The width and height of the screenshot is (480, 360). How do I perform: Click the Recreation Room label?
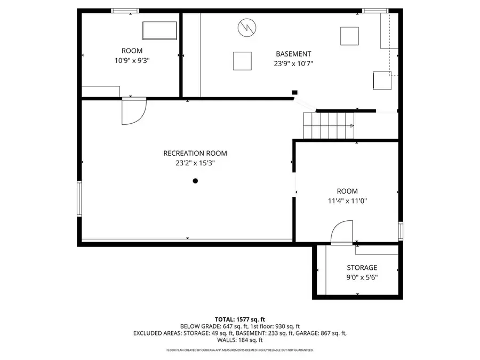point(191,153)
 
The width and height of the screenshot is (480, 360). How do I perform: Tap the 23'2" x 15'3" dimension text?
point(191,163)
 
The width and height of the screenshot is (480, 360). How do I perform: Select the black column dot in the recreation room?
point(195,181)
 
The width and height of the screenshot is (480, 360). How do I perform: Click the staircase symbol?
point(329,126)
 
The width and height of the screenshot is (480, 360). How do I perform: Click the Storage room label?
point(362,268)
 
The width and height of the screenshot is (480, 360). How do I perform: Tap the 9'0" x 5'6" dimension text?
point(362,277)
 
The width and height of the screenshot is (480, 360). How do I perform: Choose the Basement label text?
point(293,54)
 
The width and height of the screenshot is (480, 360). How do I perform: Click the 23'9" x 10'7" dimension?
point(293,63)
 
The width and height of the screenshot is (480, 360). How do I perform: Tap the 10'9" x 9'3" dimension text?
point(132,61)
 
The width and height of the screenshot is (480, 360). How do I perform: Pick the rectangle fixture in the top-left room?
point(159,30)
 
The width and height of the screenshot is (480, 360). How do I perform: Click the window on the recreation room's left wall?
point(79,198)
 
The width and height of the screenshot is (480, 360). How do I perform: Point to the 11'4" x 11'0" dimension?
point(347,201)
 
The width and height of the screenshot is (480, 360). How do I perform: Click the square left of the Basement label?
point(242,61)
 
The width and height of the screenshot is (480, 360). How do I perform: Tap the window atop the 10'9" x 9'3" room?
point(125,10)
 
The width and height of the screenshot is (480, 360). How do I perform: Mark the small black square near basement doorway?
point(294,92)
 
